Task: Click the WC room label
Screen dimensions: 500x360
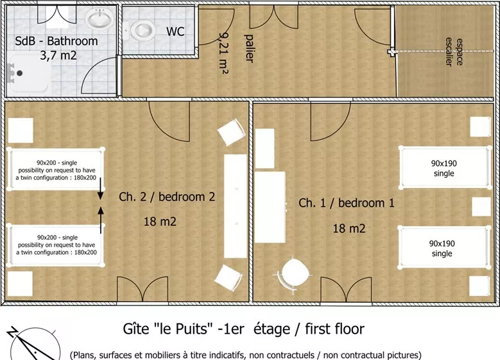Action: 175,31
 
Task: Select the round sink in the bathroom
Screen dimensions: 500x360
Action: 100,18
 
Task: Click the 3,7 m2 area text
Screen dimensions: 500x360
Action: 58,55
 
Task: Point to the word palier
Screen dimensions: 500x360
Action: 249,48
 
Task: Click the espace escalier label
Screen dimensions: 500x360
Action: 454,52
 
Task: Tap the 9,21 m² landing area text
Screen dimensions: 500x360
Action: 224,52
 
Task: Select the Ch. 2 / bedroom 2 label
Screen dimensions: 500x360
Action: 167,197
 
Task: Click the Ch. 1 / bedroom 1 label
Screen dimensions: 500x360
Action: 347,203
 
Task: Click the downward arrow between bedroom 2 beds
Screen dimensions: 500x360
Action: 100,189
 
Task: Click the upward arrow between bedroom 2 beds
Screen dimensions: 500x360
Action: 101,220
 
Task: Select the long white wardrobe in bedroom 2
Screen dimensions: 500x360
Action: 236,206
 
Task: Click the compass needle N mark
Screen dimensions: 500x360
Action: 13,332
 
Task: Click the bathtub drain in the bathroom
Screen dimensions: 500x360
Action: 19,73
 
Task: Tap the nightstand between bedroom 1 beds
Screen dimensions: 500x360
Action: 481,207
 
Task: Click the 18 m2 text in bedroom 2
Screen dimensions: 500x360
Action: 160,221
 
